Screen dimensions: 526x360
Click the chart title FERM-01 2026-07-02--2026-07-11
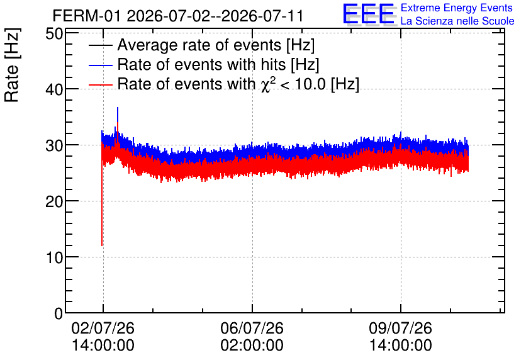(x=178, y=16)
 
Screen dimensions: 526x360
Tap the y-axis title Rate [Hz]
(x=12, y=65)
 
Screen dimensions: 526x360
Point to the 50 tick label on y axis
(x=54, y=33)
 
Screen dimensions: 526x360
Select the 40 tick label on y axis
(x=54, y=89)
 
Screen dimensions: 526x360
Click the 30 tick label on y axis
(x=54, y=145)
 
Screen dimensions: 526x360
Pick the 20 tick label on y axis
(x=54, y=201)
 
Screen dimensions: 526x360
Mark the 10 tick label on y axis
(x=54, y=257)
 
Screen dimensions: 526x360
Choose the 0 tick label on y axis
(x=59, y=313)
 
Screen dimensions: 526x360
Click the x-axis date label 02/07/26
(x=103, y=328)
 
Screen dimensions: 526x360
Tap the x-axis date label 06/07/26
(x=252, y=328)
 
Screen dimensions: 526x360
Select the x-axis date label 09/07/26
(x=401, y=328)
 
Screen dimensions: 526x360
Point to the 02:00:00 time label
(x=252, y=346)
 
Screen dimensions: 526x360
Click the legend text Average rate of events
(x=199, y=45)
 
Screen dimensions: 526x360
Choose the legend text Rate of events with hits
(x=201, y=64)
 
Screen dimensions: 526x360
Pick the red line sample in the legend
(x=101, y=84)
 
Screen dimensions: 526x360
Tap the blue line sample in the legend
(x=101, y=65)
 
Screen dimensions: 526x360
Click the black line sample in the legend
(x=101, y=45)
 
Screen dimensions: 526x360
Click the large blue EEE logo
(x=369, y=14)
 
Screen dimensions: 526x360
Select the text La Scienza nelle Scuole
(x=457, y=21)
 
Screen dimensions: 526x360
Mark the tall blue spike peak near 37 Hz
(x=118, y=108)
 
